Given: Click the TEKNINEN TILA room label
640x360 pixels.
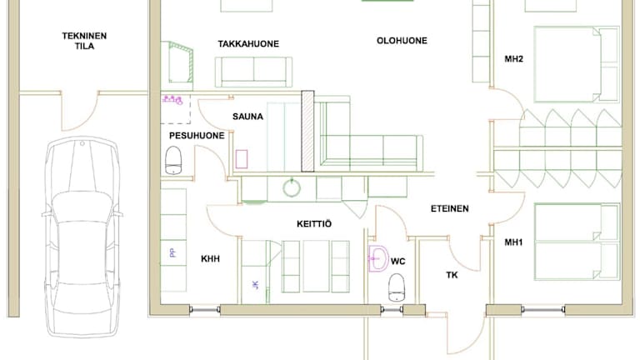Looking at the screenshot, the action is click(x=84, y=41).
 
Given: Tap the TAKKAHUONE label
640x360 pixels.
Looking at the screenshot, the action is click(x=248, y=43).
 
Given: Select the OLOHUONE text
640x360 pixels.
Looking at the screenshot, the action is click(x=402, y=40).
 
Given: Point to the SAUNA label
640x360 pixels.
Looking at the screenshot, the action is click(x=247, y=117).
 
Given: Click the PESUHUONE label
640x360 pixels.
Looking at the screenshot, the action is click(x=197, y=136).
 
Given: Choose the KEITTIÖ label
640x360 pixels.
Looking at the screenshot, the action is click(x=314, y=223).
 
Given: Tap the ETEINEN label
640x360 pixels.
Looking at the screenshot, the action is click(x=449, y=208).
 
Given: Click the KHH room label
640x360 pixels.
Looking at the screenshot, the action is click(x=210, y=259).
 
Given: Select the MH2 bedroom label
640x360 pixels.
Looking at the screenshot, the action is click(x=513, y=59).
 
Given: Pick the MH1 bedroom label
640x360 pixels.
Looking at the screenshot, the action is click(x=513, y=242).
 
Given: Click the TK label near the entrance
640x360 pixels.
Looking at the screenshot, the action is click(x=452, y=275).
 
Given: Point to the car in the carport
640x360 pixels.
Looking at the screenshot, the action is click(x=82, y=237).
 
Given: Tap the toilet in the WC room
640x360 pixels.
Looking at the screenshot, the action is click(x=397, y=287).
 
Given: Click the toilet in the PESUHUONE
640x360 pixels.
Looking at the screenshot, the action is click(x=173, y=160).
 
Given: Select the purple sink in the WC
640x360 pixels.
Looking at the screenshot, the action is click(x=378, y=258).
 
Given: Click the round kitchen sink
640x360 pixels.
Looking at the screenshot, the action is click(x=292, y=188).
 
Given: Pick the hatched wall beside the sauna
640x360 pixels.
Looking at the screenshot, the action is click(x=307, y=131).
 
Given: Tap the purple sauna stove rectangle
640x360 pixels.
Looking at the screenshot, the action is click(x=241, y=159).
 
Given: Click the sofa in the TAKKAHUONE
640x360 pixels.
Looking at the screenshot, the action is click(x=253, y=72).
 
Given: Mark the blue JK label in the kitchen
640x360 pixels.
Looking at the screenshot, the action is click(x=256, y=284).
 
